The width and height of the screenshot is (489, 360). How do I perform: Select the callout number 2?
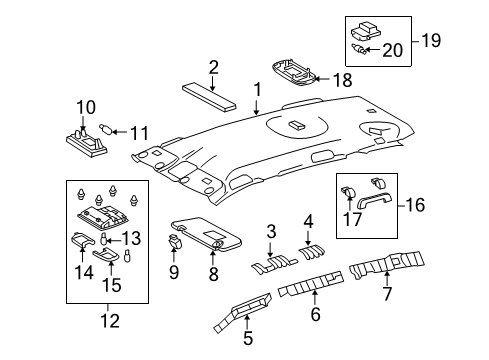coord(213,68)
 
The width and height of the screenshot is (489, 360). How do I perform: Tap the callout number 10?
coord(85,106)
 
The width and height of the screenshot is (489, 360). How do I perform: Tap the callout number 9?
coord(174,269)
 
